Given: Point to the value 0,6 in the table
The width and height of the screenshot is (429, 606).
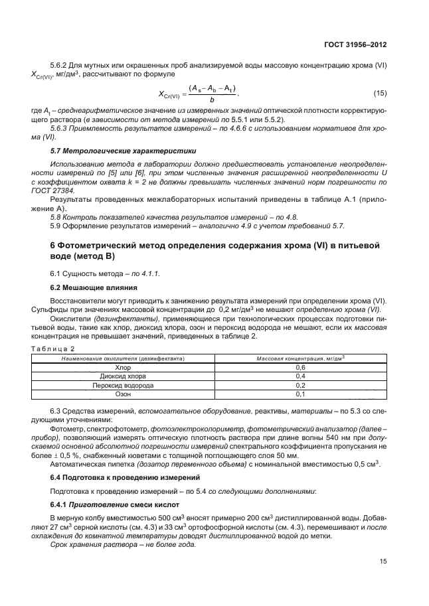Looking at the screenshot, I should [x=300, y=367].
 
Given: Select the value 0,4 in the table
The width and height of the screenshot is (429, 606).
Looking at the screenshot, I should [x=300, y=376].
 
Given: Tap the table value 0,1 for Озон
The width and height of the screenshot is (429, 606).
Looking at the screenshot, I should [x=300, y=394].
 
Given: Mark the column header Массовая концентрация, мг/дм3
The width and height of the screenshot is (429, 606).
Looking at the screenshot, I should [x=300, y=358].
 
